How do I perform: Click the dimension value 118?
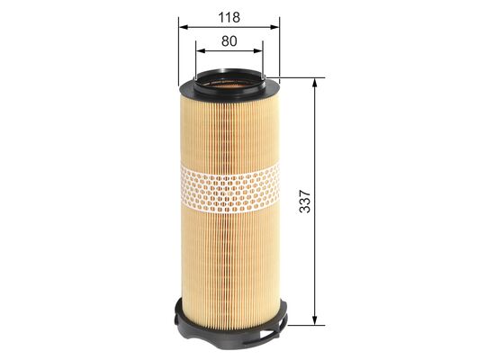(229, 15)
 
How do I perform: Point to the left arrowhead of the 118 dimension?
(183, 28)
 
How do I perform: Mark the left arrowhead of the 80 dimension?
(199, 51)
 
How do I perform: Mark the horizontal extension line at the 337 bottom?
(301, 323)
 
